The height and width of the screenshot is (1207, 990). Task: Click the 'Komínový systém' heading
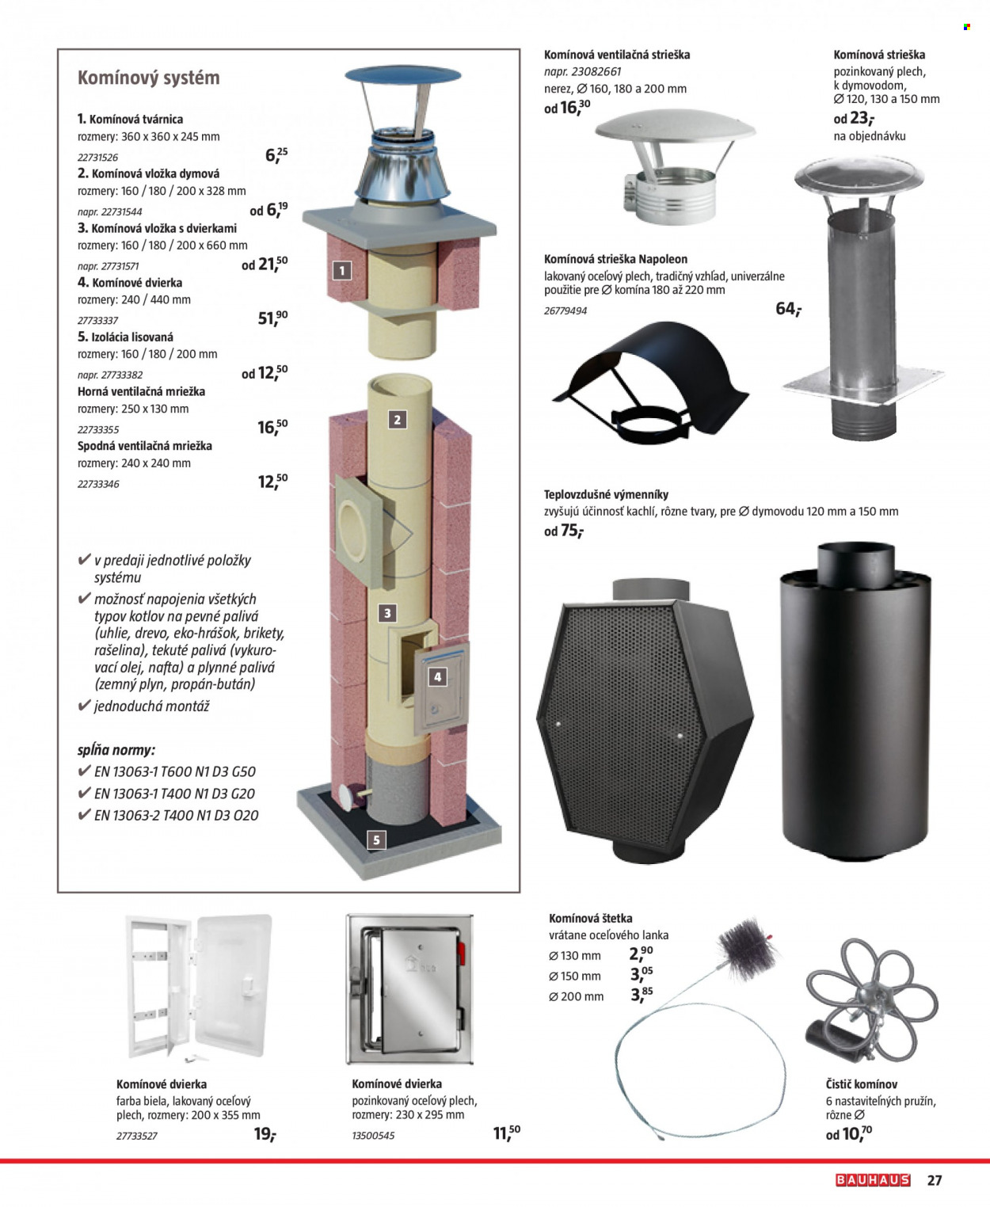[x=149, y=78]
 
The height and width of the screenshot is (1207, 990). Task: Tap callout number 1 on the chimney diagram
[x=342, y=270]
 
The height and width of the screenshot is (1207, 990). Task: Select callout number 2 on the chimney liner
[x=397, y=420]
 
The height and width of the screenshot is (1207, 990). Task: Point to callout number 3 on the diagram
[x=387, y=614]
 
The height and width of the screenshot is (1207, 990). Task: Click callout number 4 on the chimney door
[x=438, y=677]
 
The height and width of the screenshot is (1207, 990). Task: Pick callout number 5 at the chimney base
[x=376, y=840]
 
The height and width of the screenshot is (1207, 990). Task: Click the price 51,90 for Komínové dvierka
[x=273, y=318]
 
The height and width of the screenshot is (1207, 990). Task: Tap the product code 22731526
[x=98, y=158]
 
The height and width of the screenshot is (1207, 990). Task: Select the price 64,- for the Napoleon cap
[x=789, y=309]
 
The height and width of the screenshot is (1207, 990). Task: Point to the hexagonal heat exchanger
[x=645, y=721]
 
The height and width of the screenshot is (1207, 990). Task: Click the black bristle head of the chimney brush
[x=748, y=950]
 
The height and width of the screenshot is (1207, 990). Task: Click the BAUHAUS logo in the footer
[x=873, y=1180]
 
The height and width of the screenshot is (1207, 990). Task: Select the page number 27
[x=935, y=1180]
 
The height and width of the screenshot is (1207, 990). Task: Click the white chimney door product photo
[x=199, y=989]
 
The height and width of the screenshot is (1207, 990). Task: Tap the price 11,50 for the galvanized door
[x=506, y=1133]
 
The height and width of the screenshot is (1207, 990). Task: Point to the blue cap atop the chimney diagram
[x=403, y=75]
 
